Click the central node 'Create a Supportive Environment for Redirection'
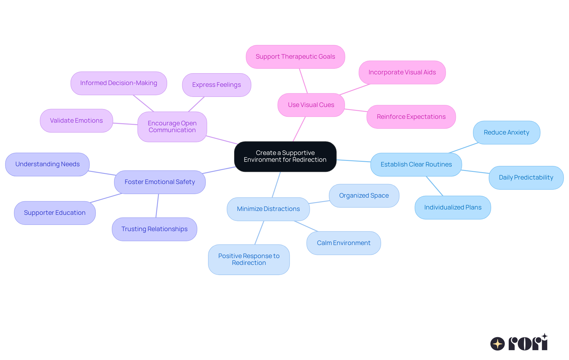tap(285, 156)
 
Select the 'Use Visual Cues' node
tap(311, 105)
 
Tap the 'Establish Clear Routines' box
tap(416, 164)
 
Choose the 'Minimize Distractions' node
tap(268, 209)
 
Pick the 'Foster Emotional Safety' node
tap(160, 182)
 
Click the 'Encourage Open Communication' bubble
tap(172, 127)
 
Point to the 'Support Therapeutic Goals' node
tap(295, 57)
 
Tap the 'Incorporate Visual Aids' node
tap(402, 72)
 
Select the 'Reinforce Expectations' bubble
tap(411, 117)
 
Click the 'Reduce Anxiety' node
tap(506, 132)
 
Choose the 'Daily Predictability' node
tap(526, 177)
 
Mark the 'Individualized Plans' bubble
tap(453, 207)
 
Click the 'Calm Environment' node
tap(343, 243)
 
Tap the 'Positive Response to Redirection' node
tap(249, 259)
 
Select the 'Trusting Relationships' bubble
tap(154, 229)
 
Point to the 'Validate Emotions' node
tap(76, 121)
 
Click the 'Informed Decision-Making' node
tap(119, 83)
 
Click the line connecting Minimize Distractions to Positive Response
tap(259, 233)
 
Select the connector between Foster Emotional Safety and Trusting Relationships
tap(157, 206)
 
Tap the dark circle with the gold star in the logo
tap(497, 344)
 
